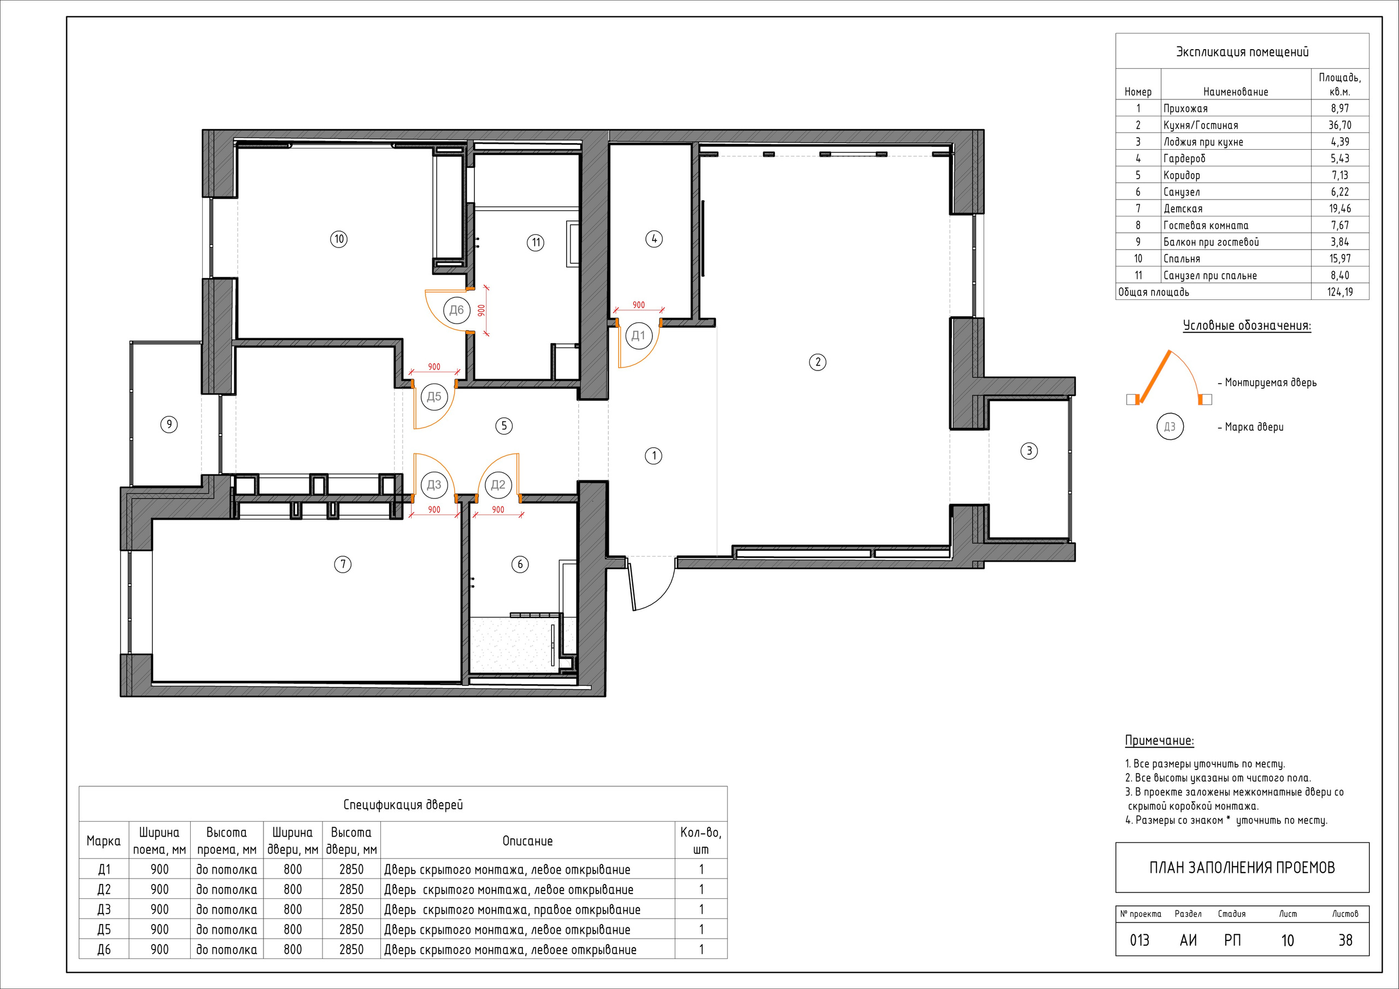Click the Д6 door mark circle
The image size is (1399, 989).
pyautogui.click(x=456, y=310)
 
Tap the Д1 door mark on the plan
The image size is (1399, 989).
pyautogui.click(x=638, y=335)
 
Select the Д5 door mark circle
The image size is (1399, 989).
pyautogui.click(x=434, y=397)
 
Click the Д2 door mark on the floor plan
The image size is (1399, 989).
pyautogui.click(x=498, y=485)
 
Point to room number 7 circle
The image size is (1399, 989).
pyautogui.click(x=343, y=565)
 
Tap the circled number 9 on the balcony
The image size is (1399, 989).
pyautogui.click(x=169, y=425)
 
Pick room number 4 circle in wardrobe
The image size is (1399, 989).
pyautogui.click(x=654, y=239)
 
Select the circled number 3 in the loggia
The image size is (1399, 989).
pyautogui.click(x=1029, y=451)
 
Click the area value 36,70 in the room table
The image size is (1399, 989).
pyautogui.click(x=1340, y=125)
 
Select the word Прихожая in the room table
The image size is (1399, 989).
pyautogui.click(x=1186, y=109)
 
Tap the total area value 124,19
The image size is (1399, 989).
pyautogui.click(x=1340, y=292)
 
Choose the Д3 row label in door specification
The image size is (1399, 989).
pyautogui.click(x=104, y=910)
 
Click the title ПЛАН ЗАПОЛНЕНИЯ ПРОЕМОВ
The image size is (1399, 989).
pyautogui.click(x=1242, y=868)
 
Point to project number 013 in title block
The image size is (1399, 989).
pyautogui.click(x=1139, y=940)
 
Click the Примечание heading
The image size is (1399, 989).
pyautogui.click(x=1159, y=741)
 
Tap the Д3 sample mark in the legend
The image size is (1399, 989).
pyautogui.click(x=1170, y=427)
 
